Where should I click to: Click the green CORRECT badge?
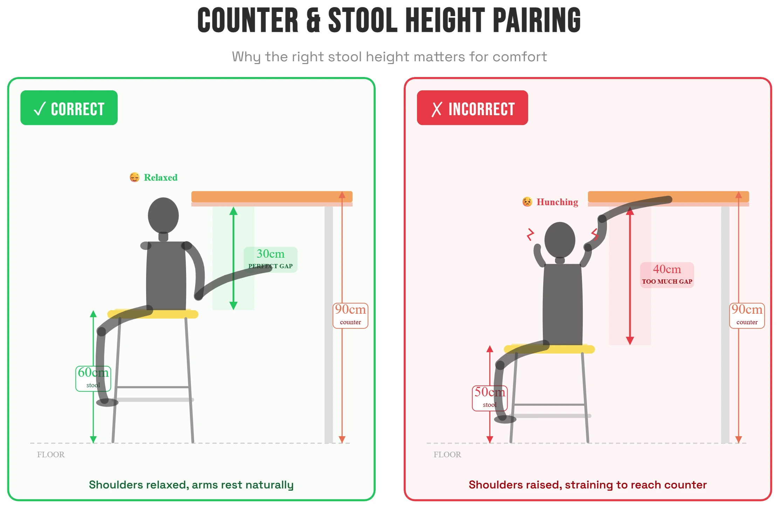click(x=69, y=107)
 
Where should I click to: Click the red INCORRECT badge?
click(x=472, y=107)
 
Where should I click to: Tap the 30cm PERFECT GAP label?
click(x=271, y=259)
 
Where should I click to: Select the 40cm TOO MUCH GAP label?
click(x=667, y=275)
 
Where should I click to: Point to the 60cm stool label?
click(x=93, y=378)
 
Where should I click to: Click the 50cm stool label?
click(x=490, y=398)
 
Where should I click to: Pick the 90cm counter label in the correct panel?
click(x=350, y=315)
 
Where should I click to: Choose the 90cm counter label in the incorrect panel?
click(x=747, y=315)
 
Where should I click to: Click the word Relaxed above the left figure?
click(x=161, y=178)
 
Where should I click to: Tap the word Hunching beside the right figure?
click(x=558, y=202)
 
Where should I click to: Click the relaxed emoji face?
click(x=135, y=178)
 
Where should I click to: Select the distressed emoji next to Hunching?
click(x=527, y=202)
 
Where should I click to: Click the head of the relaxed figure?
click(x=163, y=215)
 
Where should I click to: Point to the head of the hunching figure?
click(x=560, y=240)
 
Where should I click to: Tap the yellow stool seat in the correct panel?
click(x=153, y=314)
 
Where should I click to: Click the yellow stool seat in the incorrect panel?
click(x=549, y=349)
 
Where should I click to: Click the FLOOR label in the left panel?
click(x=51, y=454)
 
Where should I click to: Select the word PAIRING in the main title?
click(x=537, y=20)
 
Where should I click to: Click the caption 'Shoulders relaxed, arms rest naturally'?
click(x=191, y=485)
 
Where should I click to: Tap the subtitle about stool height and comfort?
click(x=389, y=57)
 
